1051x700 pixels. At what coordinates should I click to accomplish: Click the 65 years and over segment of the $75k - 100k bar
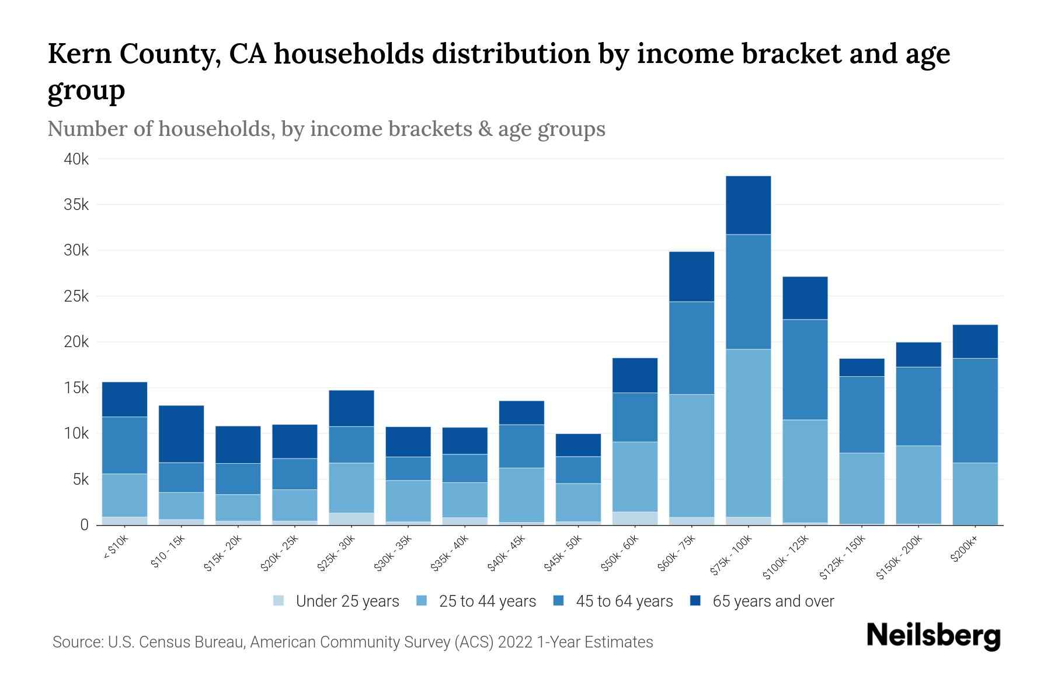[x=748, y=205]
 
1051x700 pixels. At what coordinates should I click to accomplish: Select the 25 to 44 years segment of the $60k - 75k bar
[x=691, y=456]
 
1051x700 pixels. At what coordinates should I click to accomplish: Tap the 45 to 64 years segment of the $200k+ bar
[x=975, y=411]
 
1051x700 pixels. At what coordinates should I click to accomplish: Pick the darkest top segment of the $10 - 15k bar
[x=181, y=434]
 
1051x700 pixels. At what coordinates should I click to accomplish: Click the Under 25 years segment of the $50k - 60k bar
[x=635, y=518]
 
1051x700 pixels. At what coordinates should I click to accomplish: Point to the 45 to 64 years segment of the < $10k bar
[x=124, y=445]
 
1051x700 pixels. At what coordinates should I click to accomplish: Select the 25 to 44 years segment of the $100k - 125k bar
[x=805, y=471]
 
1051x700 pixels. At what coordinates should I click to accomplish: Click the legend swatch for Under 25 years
[x=279, y=601]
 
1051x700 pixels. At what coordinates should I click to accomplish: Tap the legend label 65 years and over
[x=772, y=601]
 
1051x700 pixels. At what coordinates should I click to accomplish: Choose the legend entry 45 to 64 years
[x=624, y=601]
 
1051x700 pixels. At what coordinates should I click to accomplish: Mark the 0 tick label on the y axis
[x=84, y=525]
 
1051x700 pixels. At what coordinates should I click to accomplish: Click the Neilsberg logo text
[x=933, y=636]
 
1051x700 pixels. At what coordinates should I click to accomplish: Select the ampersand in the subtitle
[x=483, y=129]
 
